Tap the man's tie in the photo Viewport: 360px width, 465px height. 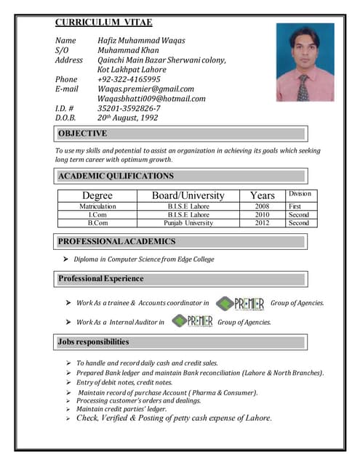coord(303,86)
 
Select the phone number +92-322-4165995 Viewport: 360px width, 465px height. coord(129,79)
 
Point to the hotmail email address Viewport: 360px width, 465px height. coord(151,99)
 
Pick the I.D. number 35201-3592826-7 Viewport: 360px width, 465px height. coord(129,108)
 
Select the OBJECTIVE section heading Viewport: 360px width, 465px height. coord(82,134)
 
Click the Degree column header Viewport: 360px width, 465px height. coord(97,195)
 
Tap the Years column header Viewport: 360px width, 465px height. coord(262,195)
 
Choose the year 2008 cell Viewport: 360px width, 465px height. coord(262,206)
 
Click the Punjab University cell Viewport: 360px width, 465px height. coord(188,223)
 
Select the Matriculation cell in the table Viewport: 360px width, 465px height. coord(97,206)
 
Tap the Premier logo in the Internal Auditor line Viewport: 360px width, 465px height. coord(191,322)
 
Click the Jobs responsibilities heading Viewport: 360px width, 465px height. coord(94,341)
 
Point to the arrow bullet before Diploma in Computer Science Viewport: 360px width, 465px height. coord(65,259)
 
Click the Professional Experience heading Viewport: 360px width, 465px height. coord(100,279)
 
